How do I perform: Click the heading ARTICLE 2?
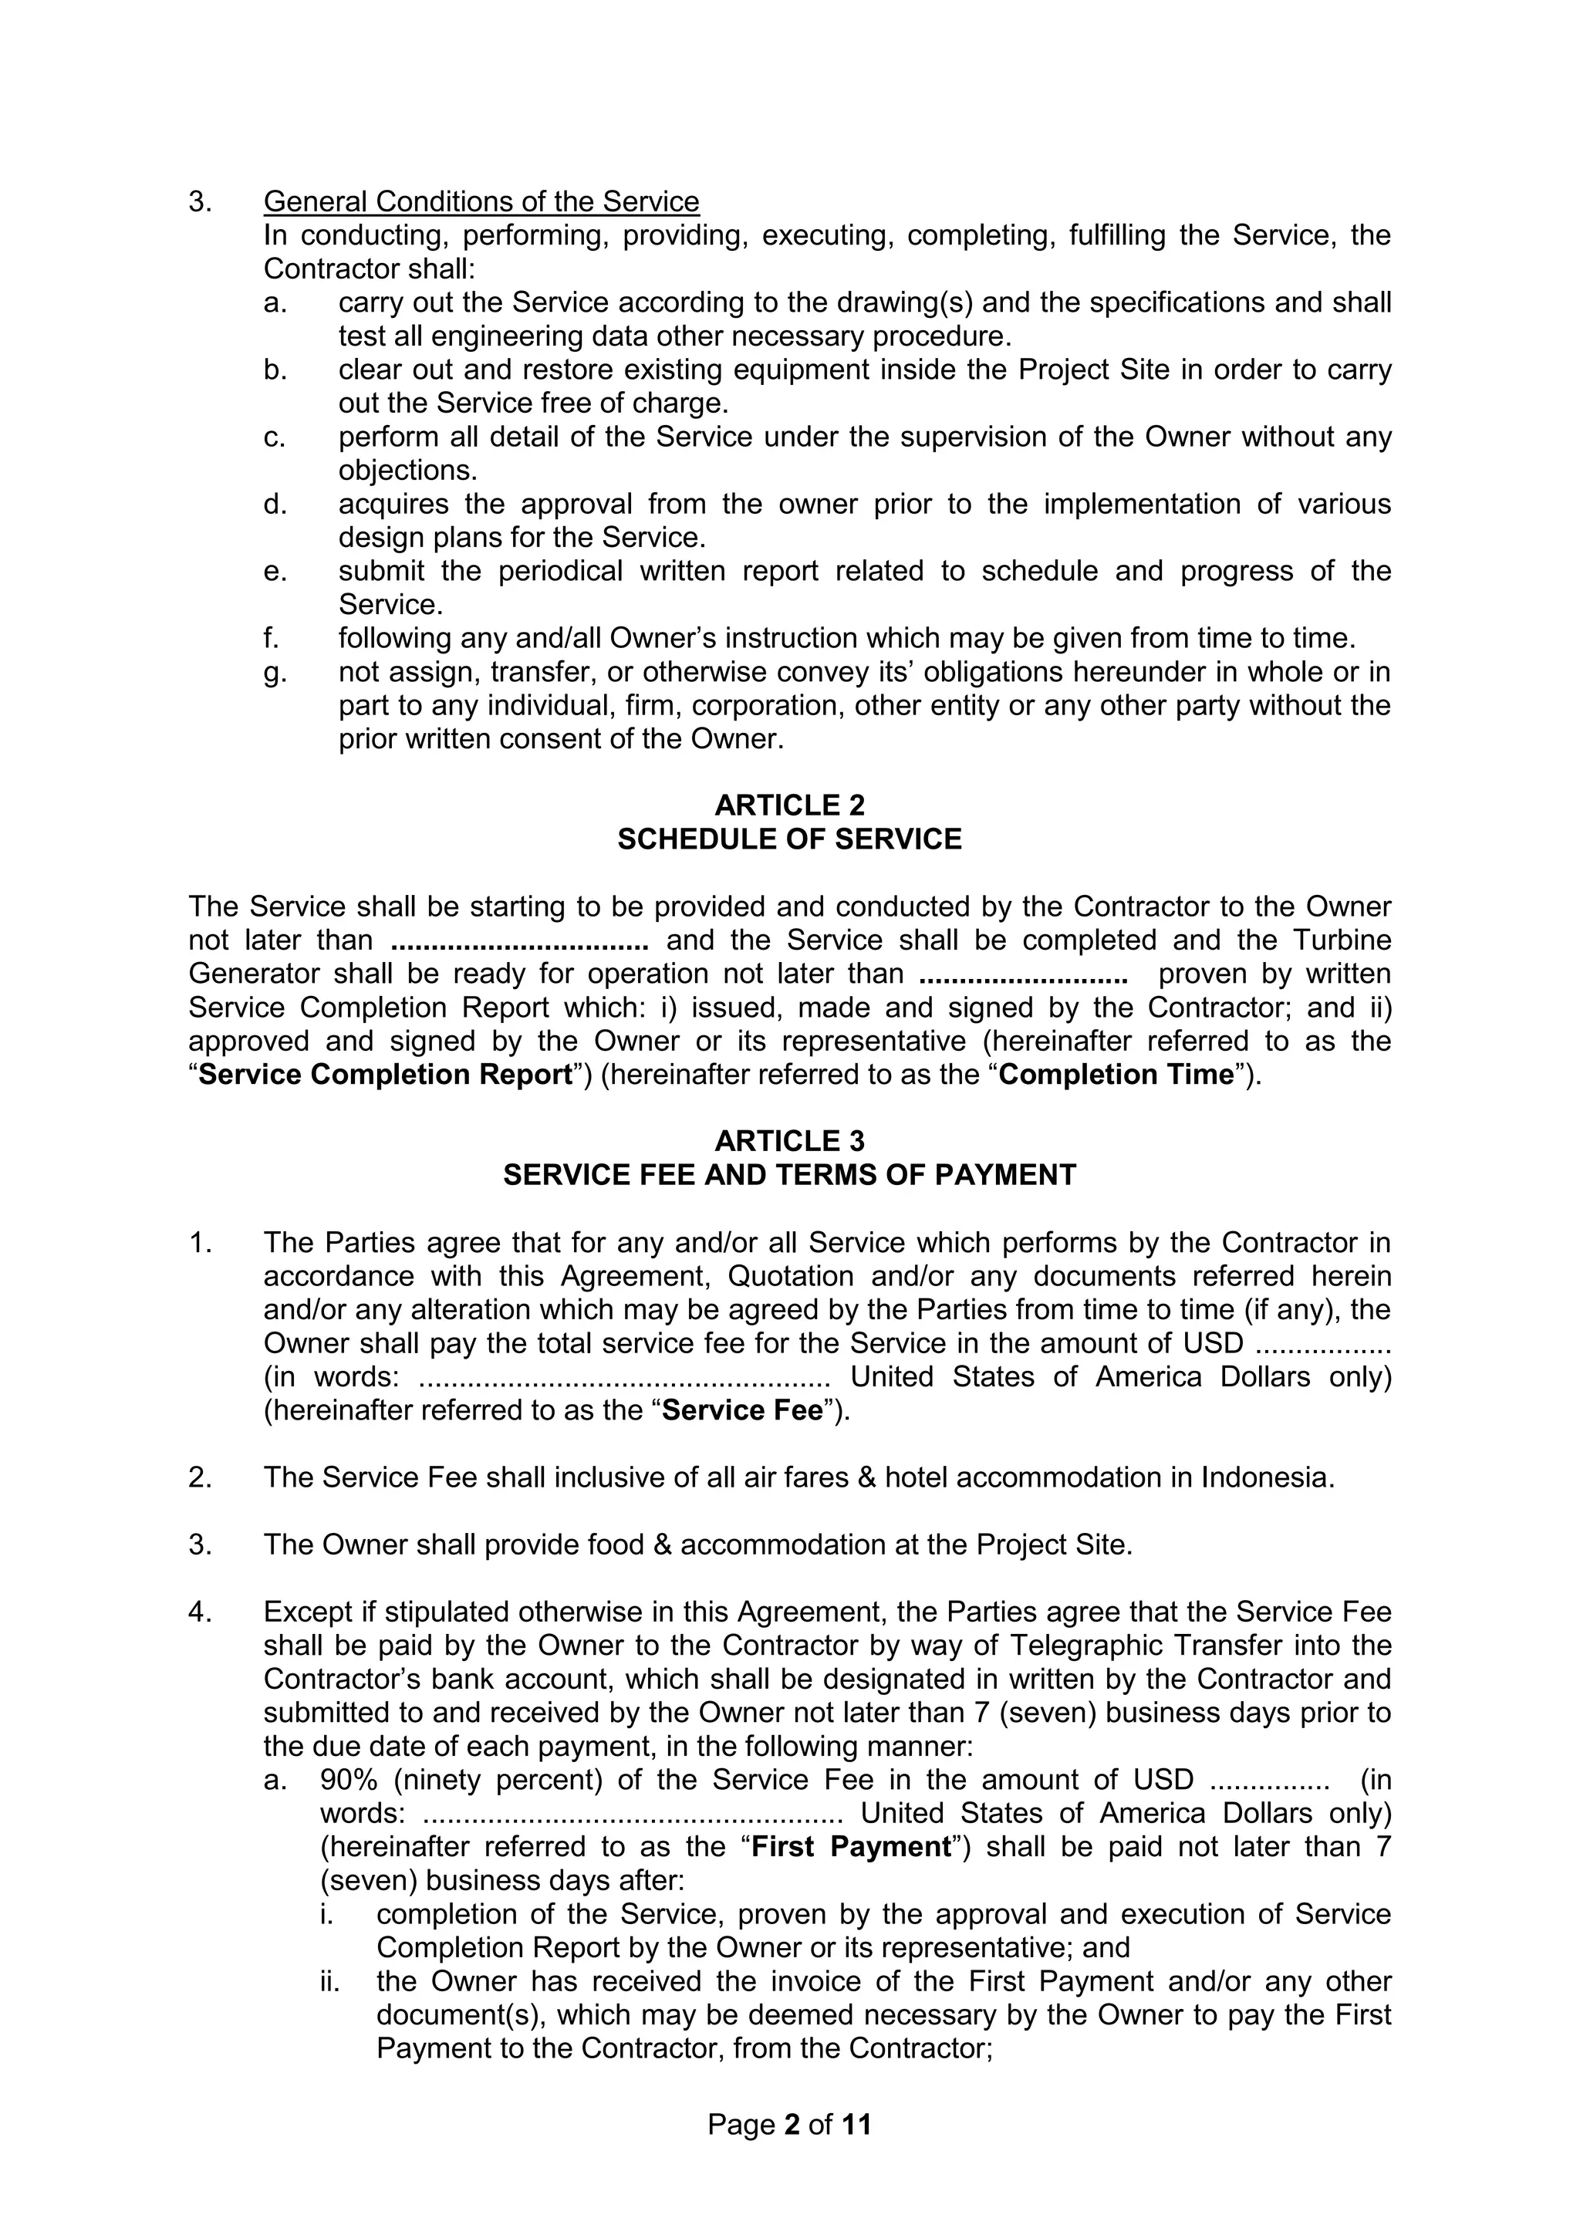click(788, 805)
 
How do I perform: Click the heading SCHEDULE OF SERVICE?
click(788, 839)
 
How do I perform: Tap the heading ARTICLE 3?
click(788, 1141)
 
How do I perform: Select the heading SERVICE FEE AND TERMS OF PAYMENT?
click(788, 1175)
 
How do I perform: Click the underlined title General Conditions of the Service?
click(481, 201)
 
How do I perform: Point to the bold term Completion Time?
click(1116, 1075)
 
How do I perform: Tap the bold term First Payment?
click(851, 1847)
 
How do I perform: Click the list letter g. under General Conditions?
click(275, 673)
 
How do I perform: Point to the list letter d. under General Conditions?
click(275, 505)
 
